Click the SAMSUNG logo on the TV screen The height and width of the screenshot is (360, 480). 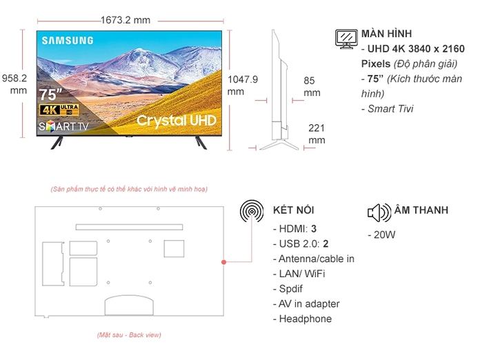point(68,40)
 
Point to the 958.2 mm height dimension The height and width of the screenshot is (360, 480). point(14,84)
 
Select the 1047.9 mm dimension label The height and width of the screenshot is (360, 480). point(242,85)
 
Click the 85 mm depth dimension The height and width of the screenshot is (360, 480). point(312,86)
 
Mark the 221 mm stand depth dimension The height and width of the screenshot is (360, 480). point(317,134)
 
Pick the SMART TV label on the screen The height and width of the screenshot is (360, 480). point(65,126)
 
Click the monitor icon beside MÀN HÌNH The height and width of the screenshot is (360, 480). point(345,39)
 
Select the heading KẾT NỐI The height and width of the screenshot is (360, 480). point(294,210)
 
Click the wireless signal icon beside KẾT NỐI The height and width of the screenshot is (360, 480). point(251,210)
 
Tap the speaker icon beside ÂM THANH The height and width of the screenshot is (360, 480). point(379,211)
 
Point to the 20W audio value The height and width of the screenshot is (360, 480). point(382,234)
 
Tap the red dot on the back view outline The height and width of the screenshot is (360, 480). point(224,263)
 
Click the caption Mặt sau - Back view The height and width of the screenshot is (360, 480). point(129,334)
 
